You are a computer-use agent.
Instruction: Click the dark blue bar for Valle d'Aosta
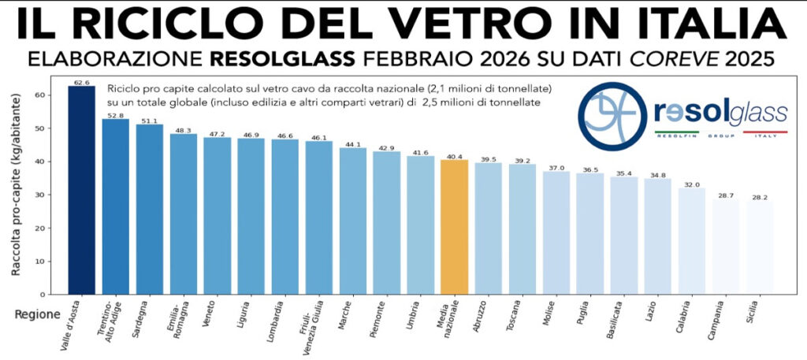tap(82, 189)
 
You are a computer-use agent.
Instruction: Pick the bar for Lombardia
tap(285, 217)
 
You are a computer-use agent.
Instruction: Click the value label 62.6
tap(82, 81)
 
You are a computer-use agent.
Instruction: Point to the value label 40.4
tap(455, 155)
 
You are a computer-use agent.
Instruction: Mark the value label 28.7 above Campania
tap(726, 194)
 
